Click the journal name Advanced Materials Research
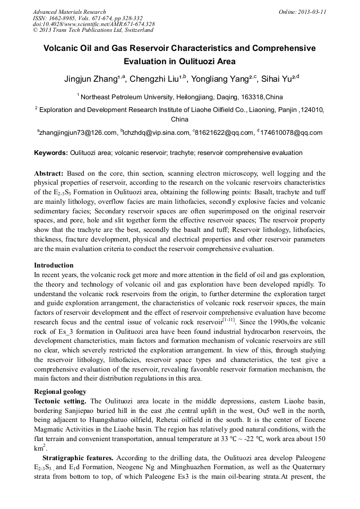(x=69, y=12)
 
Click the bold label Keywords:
(x=51, y=153)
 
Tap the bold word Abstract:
(x=49, y=174)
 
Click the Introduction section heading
(x=54, y=265)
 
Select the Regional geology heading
(x=60, y=392)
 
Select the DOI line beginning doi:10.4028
(x=93, y=24)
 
